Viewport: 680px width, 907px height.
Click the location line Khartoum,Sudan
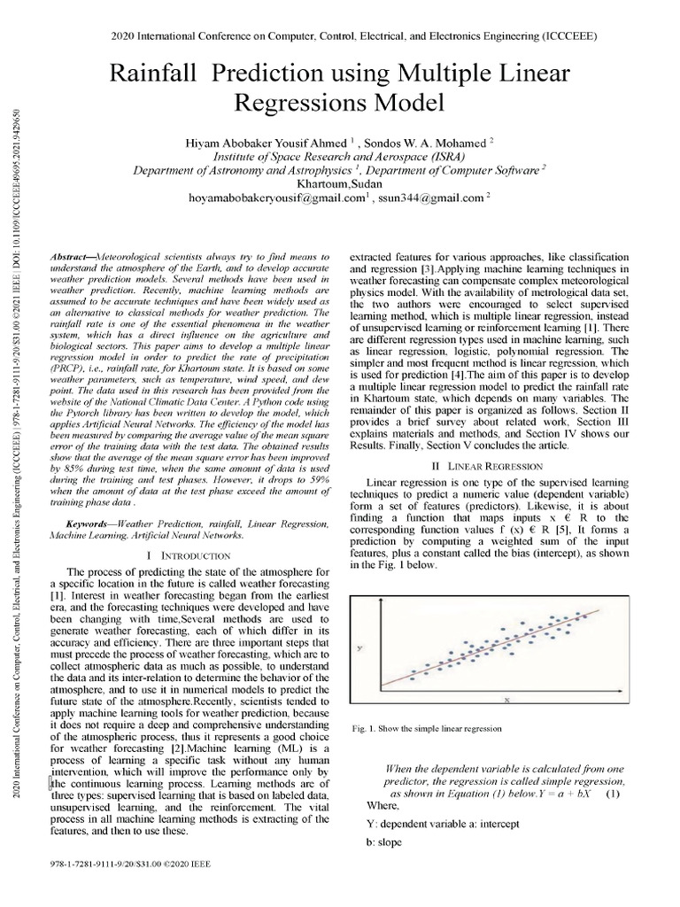pyautogui.click(x=340, y=183)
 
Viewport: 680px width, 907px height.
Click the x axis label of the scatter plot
pyautogui.click(x=507, y=700)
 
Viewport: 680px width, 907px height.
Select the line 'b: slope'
pyautogui.click(x=383, y=842)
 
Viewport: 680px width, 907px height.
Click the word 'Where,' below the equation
pyautogui.click(x=382, y=806)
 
